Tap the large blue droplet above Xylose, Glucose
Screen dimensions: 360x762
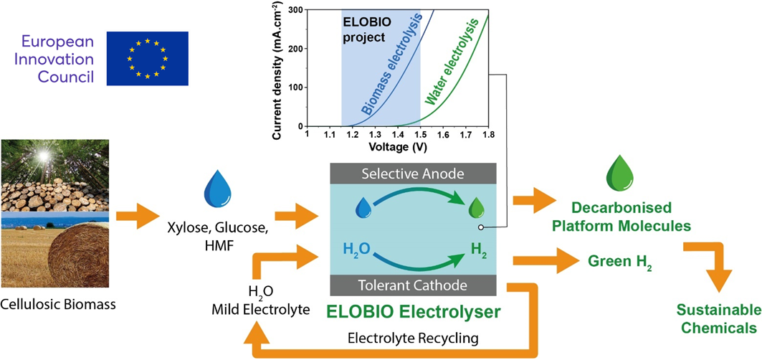click(214, 189)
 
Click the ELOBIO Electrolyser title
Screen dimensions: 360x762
click(413, 313)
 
